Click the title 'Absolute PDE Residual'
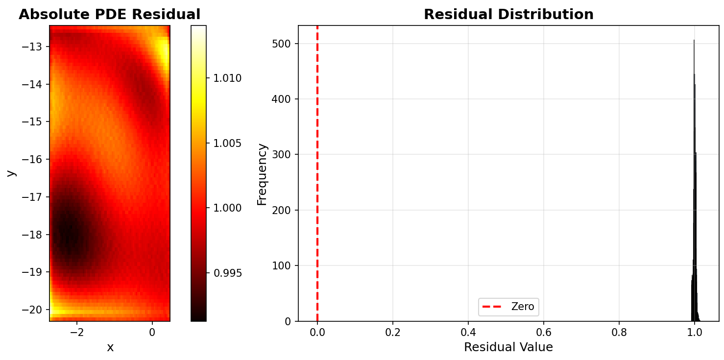[x=109, y=14]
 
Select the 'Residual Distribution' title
[x=508, y=14]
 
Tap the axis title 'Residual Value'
[x=508, y=347]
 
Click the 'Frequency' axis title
[x=263, y=174]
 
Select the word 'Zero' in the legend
[x=523, y=307]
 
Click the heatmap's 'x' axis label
[x=110, y=347]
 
